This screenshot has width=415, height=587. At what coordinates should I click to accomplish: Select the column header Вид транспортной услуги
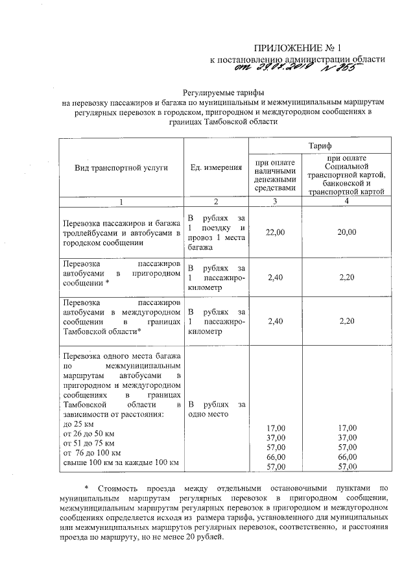tap(121, 167)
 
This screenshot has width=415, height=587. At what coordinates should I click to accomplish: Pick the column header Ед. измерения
tap(216, 167)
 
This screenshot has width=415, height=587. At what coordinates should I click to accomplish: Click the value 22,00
tap(276, 232)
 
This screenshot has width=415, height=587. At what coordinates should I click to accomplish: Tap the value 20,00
tap(348, 232)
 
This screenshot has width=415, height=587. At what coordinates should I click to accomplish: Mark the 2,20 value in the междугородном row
tap(348, 320)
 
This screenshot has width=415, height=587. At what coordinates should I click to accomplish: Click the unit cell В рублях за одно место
tap(215, 409)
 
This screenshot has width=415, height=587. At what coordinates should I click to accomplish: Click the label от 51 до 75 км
tap(87, 443)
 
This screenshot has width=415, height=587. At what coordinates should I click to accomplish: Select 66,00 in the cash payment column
tap(276, 457)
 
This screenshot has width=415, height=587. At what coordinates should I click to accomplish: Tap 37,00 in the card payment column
tap(348, 437)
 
